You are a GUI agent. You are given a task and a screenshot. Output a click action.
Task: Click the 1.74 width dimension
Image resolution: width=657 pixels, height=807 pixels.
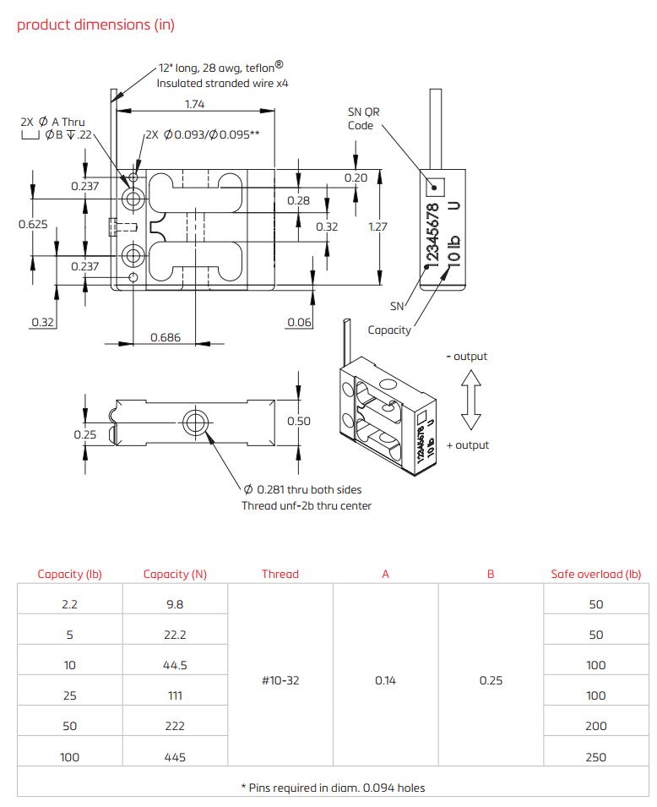tap(194, 104)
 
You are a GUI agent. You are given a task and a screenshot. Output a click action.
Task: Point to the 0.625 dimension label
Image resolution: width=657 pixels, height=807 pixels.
tap(33, 225)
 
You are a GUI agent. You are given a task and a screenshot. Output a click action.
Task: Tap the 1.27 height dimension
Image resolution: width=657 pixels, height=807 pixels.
tap(377, 226)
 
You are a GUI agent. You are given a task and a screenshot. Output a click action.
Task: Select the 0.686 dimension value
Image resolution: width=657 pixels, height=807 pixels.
tap(166, 337)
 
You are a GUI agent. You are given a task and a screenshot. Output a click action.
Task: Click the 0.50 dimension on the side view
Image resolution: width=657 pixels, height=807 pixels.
tap(299, 421)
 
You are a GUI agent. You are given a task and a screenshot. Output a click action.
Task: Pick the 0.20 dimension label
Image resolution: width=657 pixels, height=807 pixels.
tap(356, 177)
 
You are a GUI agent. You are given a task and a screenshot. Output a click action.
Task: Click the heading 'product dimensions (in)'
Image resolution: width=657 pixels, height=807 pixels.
tap(95, 25)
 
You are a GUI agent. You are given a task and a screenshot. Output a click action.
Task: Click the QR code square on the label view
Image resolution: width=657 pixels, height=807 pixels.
tap(435, 185)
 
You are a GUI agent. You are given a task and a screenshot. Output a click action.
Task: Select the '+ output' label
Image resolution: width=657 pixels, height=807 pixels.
tap(467, 445)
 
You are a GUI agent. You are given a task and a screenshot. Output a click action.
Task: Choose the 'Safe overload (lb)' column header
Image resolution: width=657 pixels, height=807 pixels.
tap(595, 574)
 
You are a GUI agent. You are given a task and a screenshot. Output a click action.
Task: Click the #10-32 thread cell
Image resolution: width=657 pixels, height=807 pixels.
tap(280, 680)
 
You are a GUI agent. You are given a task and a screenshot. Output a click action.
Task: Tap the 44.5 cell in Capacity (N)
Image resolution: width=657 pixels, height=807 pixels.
tap(175, 665)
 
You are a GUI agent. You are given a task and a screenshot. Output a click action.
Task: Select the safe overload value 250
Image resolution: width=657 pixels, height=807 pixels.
tap(595, 757)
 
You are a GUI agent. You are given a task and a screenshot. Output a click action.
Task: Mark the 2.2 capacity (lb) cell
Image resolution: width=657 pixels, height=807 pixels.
tap(70, 604)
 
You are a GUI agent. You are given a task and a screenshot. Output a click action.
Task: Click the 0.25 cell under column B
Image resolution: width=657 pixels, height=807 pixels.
tap(491, 680)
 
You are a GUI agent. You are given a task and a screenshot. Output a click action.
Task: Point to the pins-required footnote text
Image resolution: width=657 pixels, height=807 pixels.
tap(333, 788)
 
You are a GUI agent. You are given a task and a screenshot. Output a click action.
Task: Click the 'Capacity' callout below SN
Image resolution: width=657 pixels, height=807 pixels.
tap(389, 330)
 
